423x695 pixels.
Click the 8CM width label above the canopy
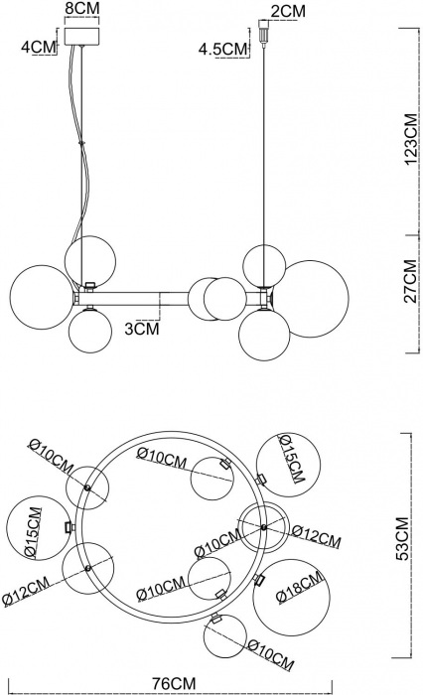[x=82, y=8]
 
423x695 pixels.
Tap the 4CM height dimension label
[x=39, y=47]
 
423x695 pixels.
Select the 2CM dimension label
[x=288, y=12]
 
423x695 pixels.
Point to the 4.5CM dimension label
[x=222, y=49]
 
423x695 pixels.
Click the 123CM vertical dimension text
[x=411, y=139]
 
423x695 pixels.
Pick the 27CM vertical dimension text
[x=411, y=281]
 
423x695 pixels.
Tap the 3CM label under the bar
[x=141, y=329]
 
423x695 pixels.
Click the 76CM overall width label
[x=174, y=683]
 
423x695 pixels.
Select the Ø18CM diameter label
[x=300, y=588]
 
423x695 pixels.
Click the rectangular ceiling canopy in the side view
[x=82, y=37]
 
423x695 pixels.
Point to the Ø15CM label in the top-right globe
[x=291, y=459]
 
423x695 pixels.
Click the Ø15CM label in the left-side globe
[x=33, y=533]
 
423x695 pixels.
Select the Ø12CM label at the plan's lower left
[x=25, y=591]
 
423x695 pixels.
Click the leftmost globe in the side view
[x=42, y=297]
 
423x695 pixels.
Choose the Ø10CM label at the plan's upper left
[x=52, y=457]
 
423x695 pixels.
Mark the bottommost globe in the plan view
[x=225, y=636]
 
